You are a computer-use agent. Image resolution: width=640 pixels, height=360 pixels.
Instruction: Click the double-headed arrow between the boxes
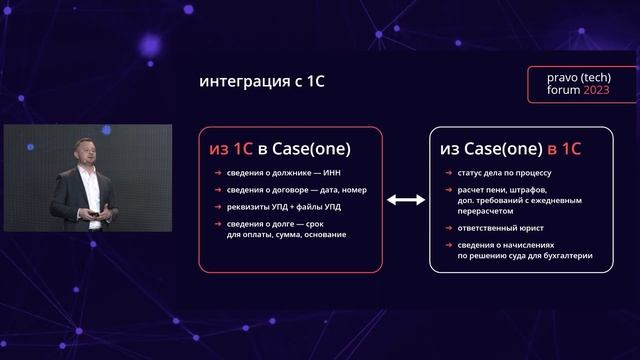point(406,200)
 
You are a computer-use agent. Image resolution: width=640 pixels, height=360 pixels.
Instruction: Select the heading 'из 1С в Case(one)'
point(279,149)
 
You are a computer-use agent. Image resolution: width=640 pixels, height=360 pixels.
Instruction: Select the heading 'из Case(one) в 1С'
point(510,149)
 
